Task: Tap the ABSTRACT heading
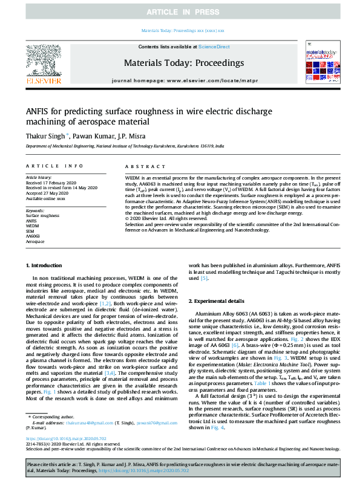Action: click(141, 166)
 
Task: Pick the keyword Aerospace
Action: click(35, 241)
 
